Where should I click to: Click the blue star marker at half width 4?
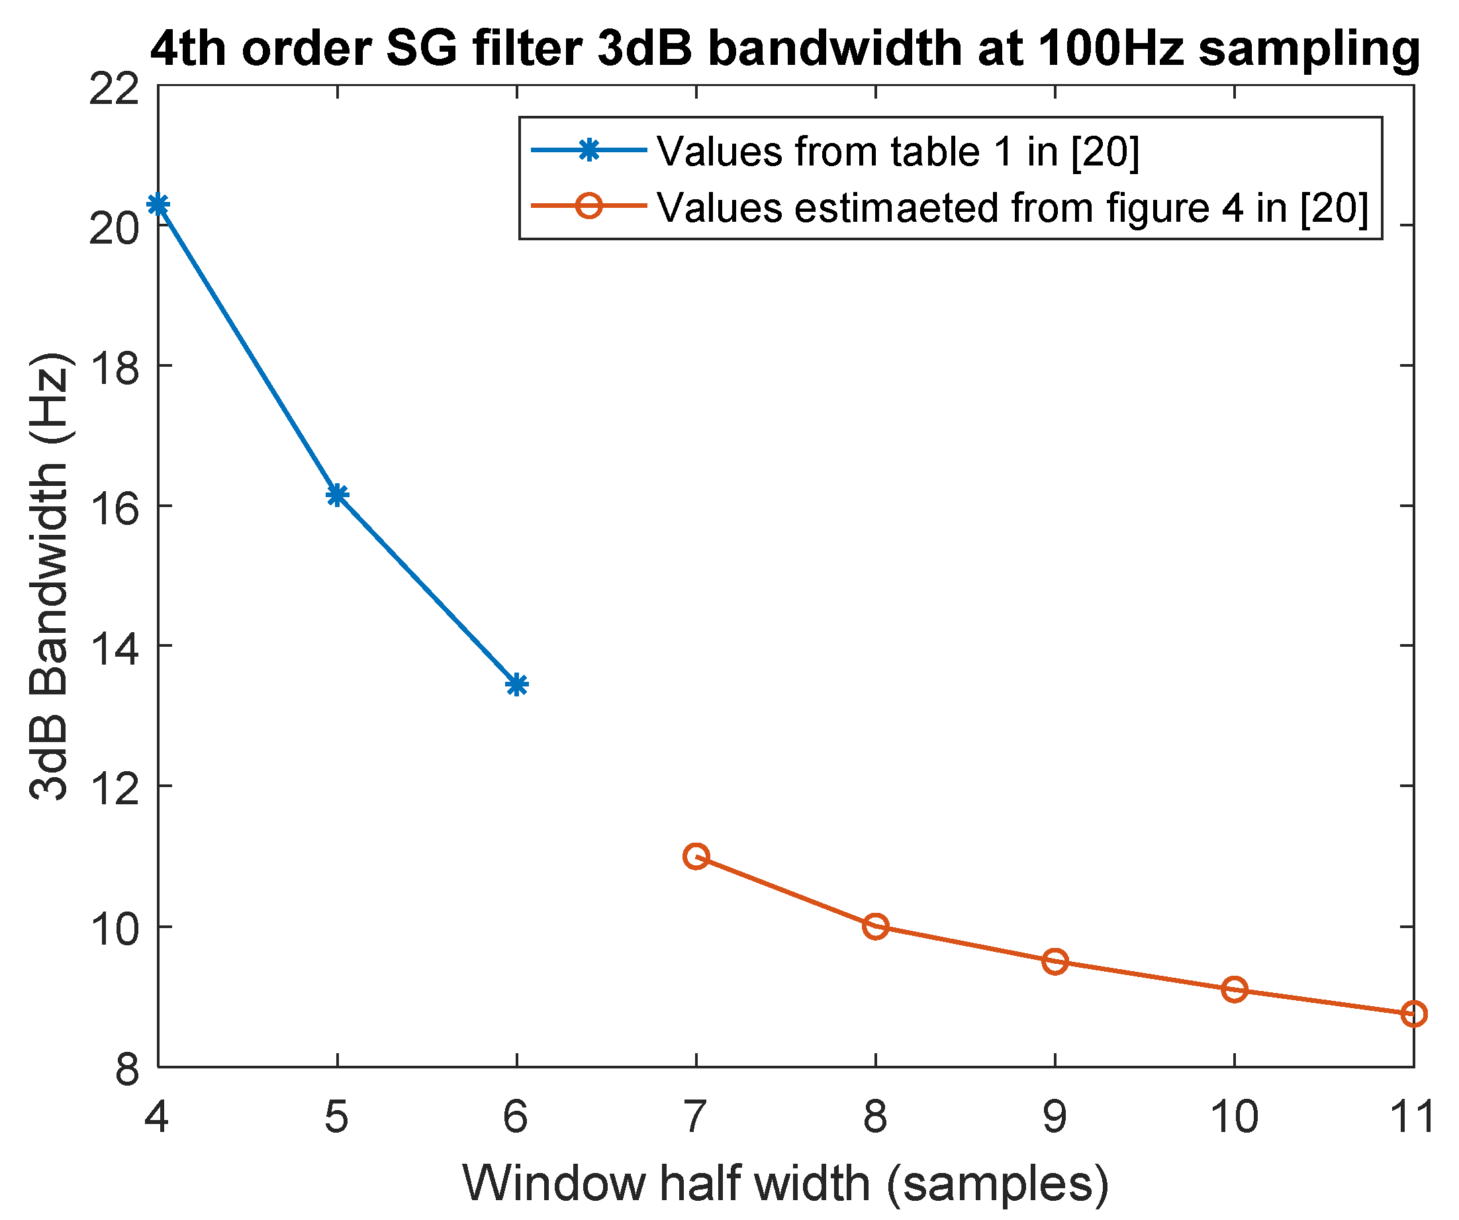[x=158, y=205]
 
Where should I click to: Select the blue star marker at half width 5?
[x=337, y=494]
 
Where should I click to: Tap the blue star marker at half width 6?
[x=516, y=685]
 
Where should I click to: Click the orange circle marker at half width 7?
[x=696, y=856]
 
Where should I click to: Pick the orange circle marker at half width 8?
[x=875, y=926]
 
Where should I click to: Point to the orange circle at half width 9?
[x=1055, y=962]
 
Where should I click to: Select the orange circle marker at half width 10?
[x=1234, y=990]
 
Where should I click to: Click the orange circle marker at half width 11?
[x=1413, y=1013]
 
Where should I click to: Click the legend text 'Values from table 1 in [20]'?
[x=898, y=152]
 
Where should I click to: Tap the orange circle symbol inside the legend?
[x=588, y=206]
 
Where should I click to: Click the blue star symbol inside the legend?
[x=588, y=150]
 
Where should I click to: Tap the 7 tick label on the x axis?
[x=695, y=1117]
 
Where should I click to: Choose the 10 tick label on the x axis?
[x=1234, y=1117]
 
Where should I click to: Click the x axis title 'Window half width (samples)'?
[x=785, y=1183]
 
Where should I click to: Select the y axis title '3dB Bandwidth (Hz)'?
[x=50, y=577]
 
